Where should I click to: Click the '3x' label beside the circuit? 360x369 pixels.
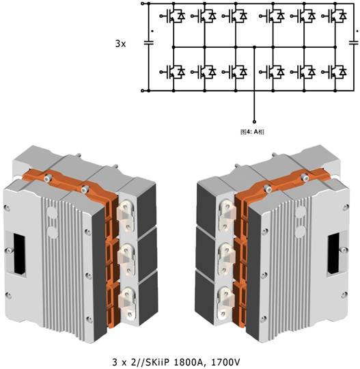pos(120,44)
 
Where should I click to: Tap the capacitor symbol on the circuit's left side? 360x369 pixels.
pos(148,43)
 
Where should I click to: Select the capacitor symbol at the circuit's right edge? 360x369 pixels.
pos(354,42)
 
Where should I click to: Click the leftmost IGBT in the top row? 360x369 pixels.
pos(172,16)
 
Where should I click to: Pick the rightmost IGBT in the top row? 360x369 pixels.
pos(334,16)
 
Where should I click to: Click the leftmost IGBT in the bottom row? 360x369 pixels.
pos(172,72)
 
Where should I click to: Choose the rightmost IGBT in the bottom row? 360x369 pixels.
pos(334,72)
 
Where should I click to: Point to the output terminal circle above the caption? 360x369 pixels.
pos(254,122)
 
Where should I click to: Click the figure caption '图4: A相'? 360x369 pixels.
pos(252,132)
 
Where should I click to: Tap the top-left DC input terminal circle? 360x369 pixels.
pos(142,3)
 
